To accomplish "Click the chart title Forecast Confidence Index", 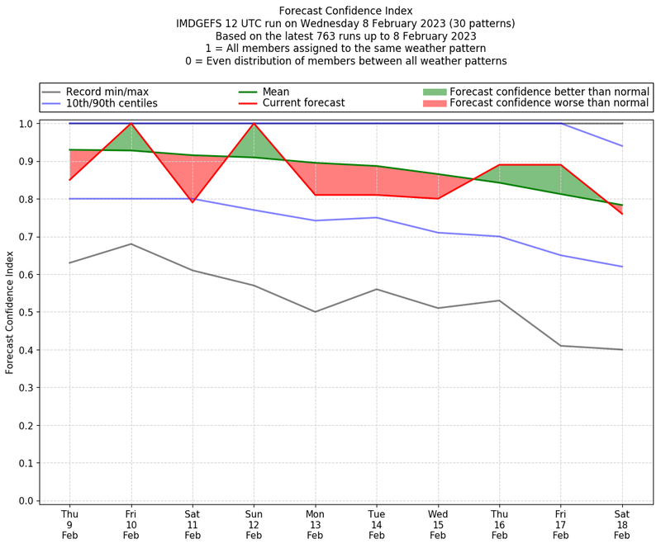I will point(345,11).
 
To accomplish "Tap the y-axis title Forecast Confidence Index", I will point(10,311).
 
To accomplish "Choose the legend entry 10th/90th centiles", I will point(112,103).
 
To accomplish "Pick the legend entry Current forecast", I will point(303,103).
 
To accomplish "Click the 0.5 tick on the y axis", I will point(25,312).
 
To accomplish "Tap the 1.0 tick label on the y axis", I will point(25,124).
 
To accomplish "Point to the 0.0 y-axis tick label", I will point(25,501).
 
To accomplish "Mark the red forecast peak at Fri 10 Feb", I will point(131,124).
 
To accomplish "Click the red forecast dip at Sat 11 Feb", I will point(193,202).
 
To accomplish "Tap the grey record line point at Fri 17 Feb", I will point(561,346).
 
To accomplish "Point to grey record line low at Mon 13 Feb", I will point(315,312).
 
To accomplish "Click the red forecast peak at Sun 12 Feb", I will point(254,124).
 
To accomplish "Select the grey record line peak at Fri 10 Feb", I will point(131,244).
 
